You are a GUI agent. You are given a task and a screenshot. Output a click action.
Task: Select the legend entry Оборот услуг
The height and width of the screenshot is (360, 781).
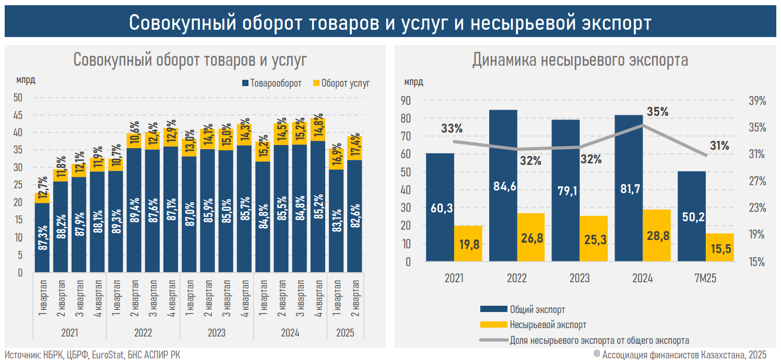point(345,83)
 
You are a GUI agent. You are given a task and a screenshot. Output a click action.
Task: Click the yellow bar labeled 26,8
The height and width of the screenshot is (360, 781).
point(531,237)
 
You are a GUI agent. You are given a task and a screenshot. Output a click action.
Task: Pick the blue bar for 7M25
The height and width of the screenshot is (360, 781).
point(691,216)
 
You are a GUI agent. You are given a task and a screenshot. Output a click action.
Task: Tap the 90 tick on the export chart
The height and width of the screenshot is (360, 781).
point(406,101)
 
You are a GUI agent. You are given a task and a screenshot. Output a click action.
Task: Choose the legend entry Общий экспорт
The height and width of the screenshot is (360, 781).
point(537,310)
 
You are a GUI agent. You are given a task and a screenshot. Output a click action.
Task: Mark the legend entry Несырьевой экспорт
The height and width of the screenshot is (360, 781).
point(548,325)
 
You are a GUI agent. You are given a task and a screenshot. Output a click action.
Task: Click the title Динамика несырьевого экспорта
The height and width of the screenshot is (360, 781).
point(580,60)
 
